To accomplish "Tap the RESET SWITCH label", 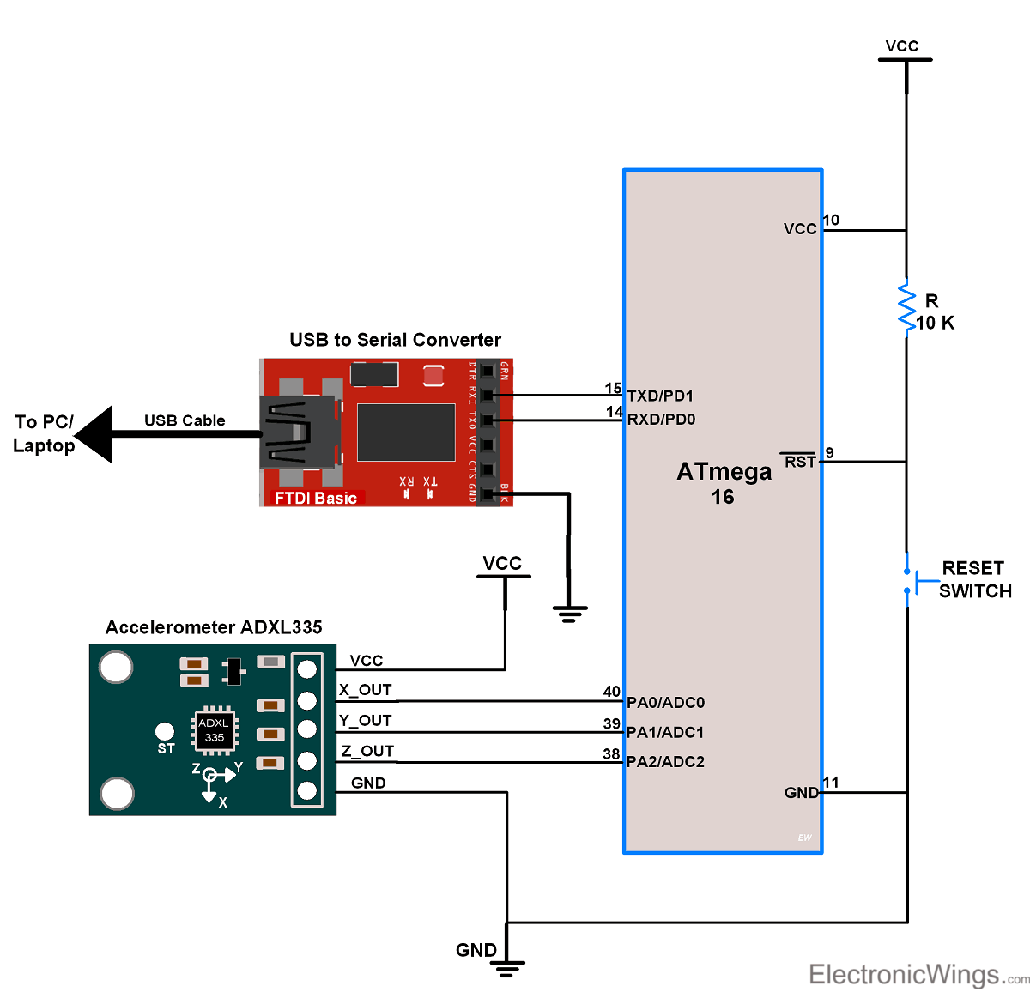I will click(975, 579).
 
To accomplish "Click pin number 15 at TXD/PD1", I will click(613, 389).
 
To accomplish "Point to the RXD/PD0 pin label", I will click(661, 420).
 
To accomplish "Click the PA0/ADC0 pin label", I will click(665, 703).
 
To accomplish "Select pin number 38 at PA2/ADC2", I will click(611, 754).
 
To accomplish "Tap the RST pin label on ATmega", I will click(799, 462).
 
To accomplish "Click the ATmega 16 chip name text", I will click(724, 483).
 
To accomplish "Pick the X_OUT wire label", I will click(366, 690).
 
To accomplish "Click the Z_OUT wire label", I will click(367, 752).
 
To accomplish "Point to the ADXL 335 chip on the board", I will click(214, 730).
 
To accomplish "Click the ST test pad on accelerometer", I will click(165, 732).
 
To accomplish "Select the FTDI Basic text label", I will click(316, 498).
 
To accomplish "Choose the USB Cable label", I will click(185, 420).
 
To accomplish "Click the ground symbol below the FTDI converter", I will click(569, 613).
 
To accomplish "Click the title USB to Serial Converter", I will click(395, 340).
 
